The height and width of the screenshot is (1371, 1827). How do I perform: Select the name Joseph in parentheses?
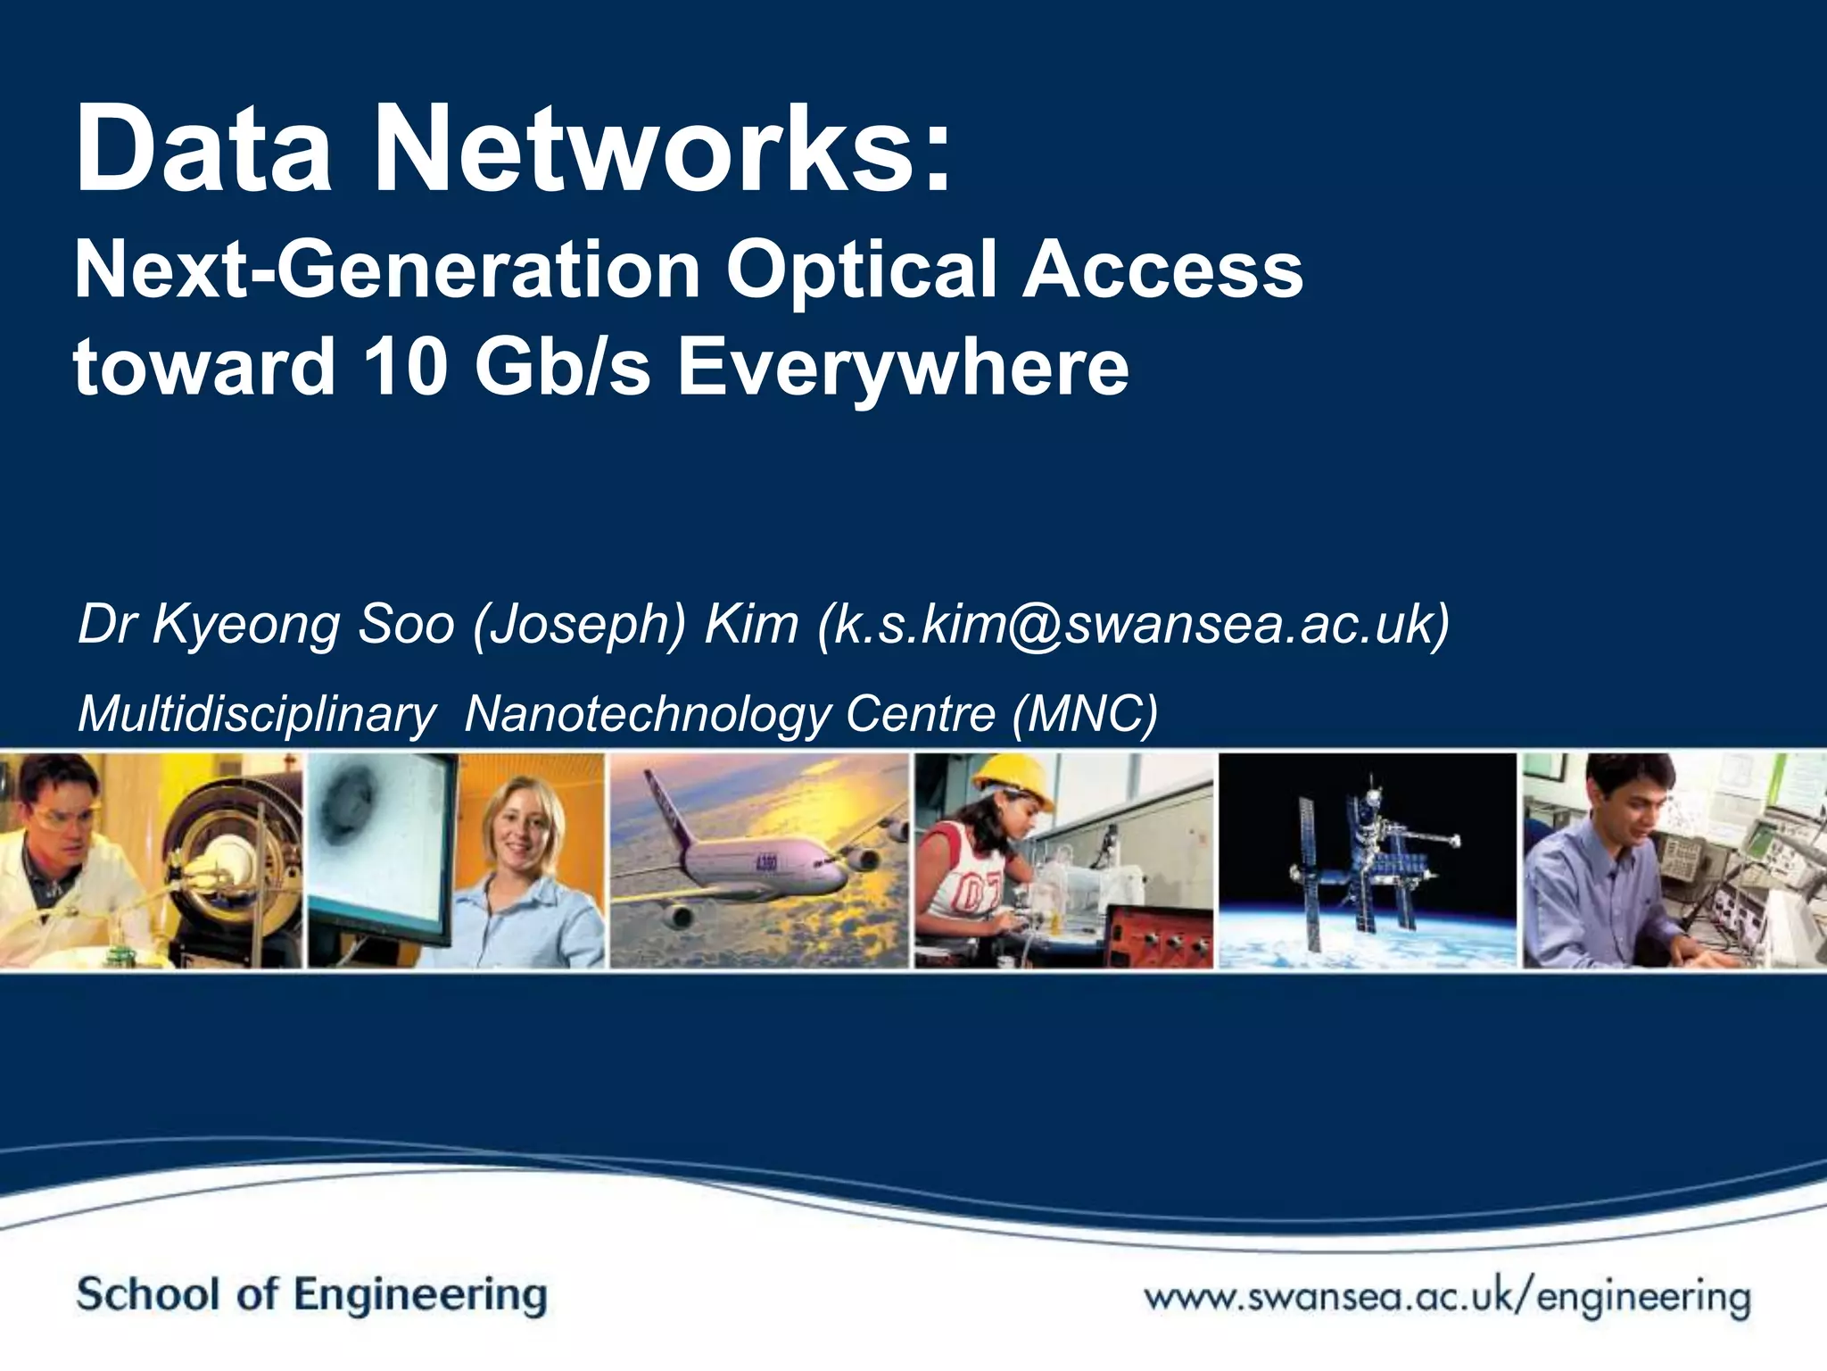580,624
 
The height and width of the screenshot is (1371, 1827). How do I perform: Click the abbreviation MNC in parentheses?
1085,714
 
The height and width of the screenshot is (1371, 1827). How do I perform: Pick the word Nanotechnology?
647,714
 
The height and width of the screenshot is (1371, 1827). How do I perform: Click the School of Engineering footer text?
311,1294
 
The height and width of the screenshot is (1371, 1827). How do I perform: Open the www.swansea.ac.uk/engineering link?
1447,1296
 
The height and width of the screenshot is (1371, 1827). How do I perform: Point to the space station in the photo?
1365,857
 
